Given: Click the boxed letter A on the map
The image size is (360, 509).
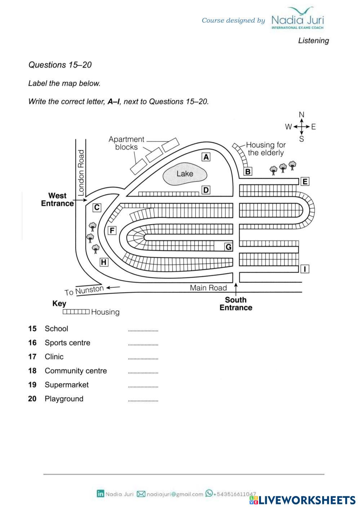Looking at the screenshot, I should click(206, 157).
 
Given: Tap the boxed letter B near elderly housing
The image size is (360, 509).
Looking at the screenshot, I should click(248, 171).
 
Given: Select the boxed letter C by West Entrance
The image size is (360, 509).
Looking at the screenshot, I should click(97, 207).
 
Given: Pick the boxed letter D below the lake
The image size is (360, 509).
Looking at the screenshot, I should click(206, 190).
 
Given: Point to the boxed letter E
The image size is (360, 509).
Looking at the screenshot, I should click(305, 182).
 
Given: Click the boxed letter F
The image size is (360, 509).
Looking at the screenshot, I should click(112, 231).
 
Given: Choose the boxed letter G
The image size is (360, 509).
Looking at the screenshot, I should click(228, 247).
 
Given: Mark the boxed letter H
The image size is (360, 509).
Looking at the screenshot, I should click(104, 262).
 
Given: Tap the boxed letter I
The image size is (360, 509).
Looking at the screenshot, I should click(305, 269).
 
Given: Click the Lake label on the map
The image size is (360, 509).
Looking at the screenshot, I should click(185, 174).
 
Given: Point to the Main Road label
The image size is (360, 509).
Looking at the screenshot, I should click(208, 288).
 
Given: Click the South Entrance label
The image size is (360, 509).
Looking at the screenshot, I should click(236, 304).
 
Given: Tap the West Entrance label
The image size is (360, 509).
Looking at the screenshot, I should click(57, 200).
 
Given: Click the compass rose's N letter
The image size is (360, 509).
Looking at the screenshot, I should click(302, 115).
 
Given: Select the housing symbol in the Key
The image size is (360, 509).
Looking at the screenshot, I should click(76, 312).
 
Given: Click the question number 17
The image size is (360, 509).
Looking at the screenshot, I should click(32, 357).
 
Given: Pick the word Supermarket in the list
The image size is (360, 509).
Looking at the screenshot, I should click(67, 385).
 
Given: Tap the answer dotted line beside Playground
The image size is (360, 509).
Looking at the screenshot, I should click(143, 400).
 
